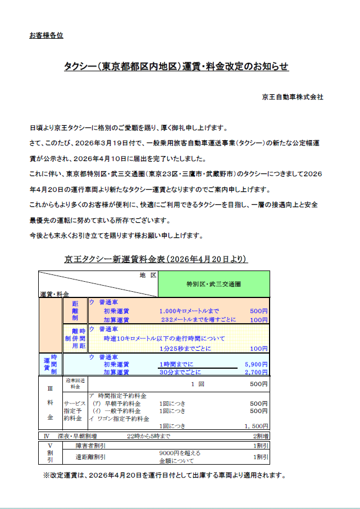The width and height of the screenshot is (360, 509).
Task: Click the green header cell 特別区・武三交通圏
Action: (214, 284)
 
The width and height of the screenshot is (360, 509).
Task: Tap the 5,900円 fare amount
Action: (256, 364)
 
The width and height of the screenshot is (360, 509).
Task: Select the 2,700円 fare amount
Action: (256, 372)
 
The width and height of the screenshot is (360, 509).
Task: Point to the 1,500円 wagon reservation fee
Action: (256, 426)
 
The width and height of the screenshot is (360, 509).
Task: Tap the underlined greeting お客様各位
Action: (46, 36)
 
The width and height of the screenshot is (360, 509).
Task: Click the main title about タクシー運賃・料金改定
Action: (176, 67)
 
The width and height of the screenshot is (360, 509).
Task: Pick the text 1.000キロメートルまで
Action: (189, 311)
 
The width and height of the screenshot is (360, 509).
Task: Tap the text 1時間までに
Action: (176, 364)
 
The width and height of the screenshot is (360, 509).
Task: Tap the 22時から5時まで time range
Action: (149, 435)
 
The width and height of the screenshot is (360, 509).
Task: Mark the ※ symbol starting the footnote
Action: (47, 475)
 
